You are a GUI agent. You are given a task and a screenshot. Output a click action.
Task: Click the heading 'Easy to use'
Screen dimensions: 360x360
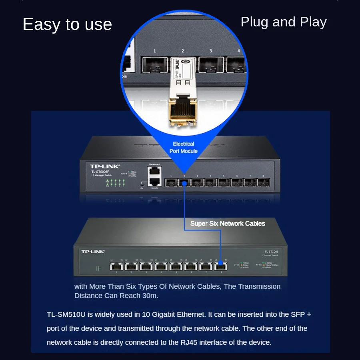point(67,25)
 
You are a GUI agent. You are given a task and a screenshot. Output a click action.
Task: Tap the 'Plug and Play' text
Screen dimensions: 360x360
point(283,22)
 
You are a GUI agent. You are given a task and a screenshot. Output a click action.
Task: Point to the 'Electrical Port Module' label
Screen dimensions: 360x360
point(184,147)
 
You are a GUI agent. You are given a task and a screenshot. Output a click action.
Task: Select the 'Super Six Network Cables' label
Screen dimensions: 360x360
point(228,224)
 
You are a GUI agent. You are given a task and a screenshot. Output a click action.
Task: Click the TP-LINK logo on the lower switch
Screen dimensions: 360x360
point(93,252)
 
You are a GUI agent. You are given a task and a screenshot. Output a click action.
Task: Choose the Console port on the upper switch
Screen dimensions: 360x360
point(154,182)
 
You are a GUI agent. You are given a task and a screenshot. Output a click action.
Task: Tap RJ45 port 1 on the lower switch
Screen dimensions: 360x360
point(116,266)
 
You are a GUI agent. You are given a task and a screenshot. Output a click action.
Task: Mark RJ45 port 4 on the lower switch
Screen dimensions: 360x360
point(161,266)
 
